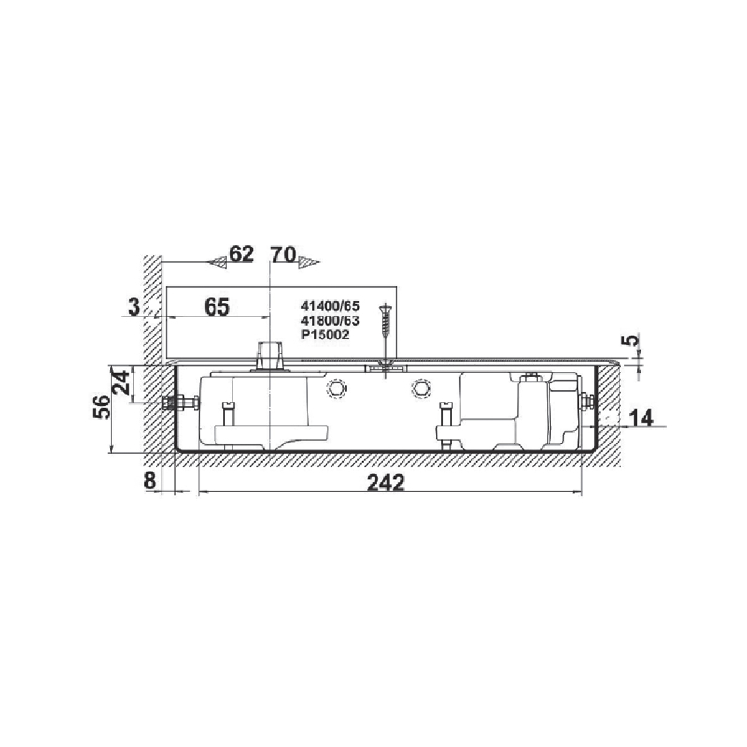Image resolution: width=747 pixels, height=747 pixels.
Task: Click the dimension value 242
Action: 385,482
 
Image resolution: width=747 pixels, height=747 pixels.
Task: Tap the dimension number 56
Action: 101,407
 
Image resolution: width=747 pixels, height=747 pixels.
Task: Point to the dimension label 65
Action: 217,307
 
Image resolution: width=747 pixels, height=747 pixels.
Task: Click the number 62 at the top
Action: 242,255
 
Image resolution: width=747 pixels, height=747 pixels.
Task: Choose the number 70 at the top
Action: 283,255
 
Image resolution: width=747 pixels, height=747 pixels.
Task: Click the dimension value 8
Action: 149,481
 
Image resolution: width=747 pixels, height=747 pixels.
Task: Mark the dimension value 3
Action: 134,308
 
